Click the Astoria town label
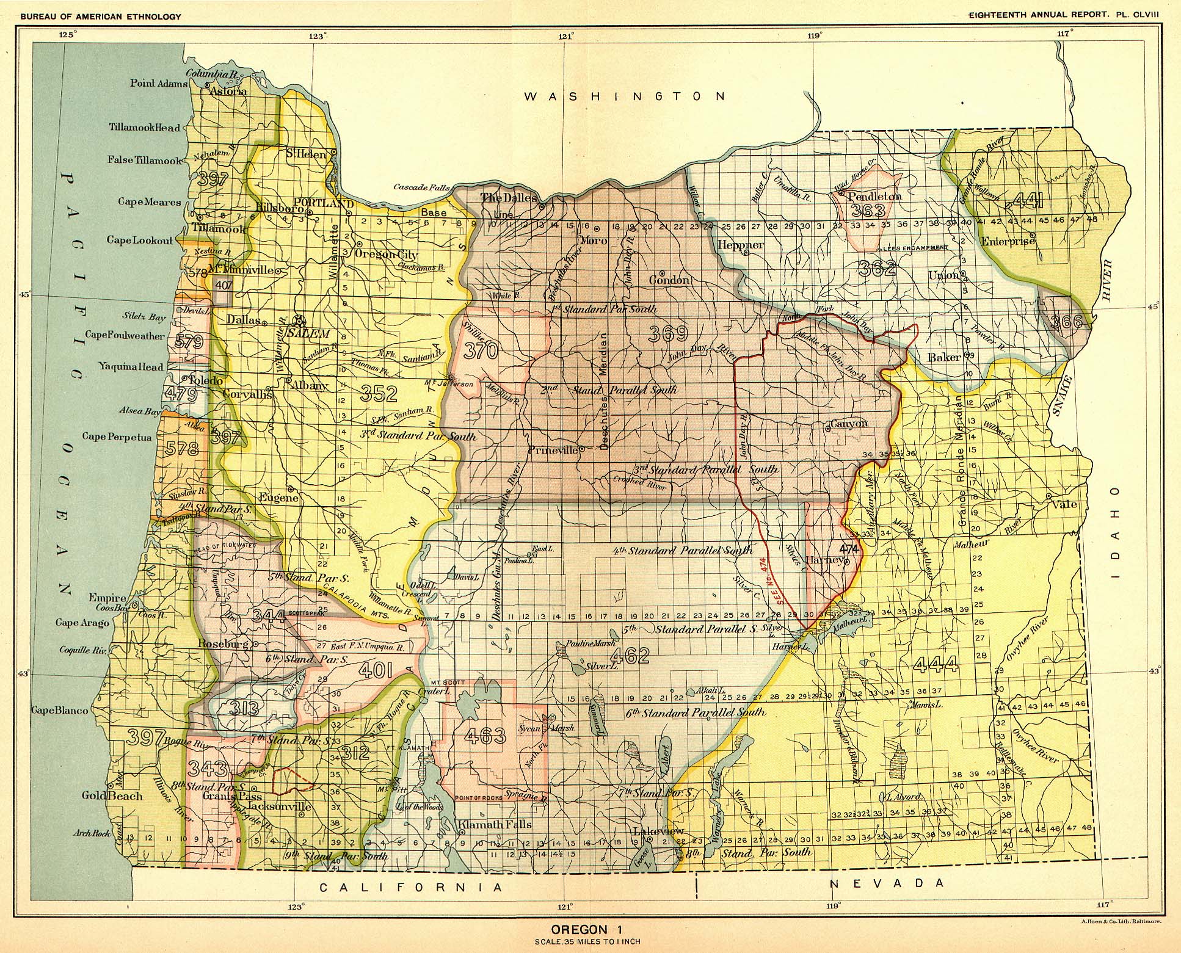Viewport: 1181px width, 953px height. pyautogui.click(x=228, y=92)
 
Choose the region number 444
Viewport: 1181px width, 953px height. pyautogui.click(x=937, y=664)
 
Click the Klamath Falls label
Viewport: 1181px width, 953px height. pyautogui.click(x=495, y=824)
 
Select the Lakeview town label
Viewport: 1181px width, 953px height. pyautogui.click(x=658, y=831)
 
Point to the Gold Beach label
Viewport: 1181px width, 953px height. pyautogui.click(x=112, y=795)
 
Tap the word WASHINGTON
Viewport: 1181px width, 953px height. pyautogui.click(x=626, y=96)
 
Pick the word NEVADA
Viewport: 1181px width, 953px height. pyautogui.click(x=887, y=883)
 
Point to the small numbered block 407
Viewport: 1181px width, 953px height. pyautogui.click(x=224, y=284)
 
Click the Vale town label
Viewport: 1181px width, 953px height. pyautogui.click(x=1065, y=505)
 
